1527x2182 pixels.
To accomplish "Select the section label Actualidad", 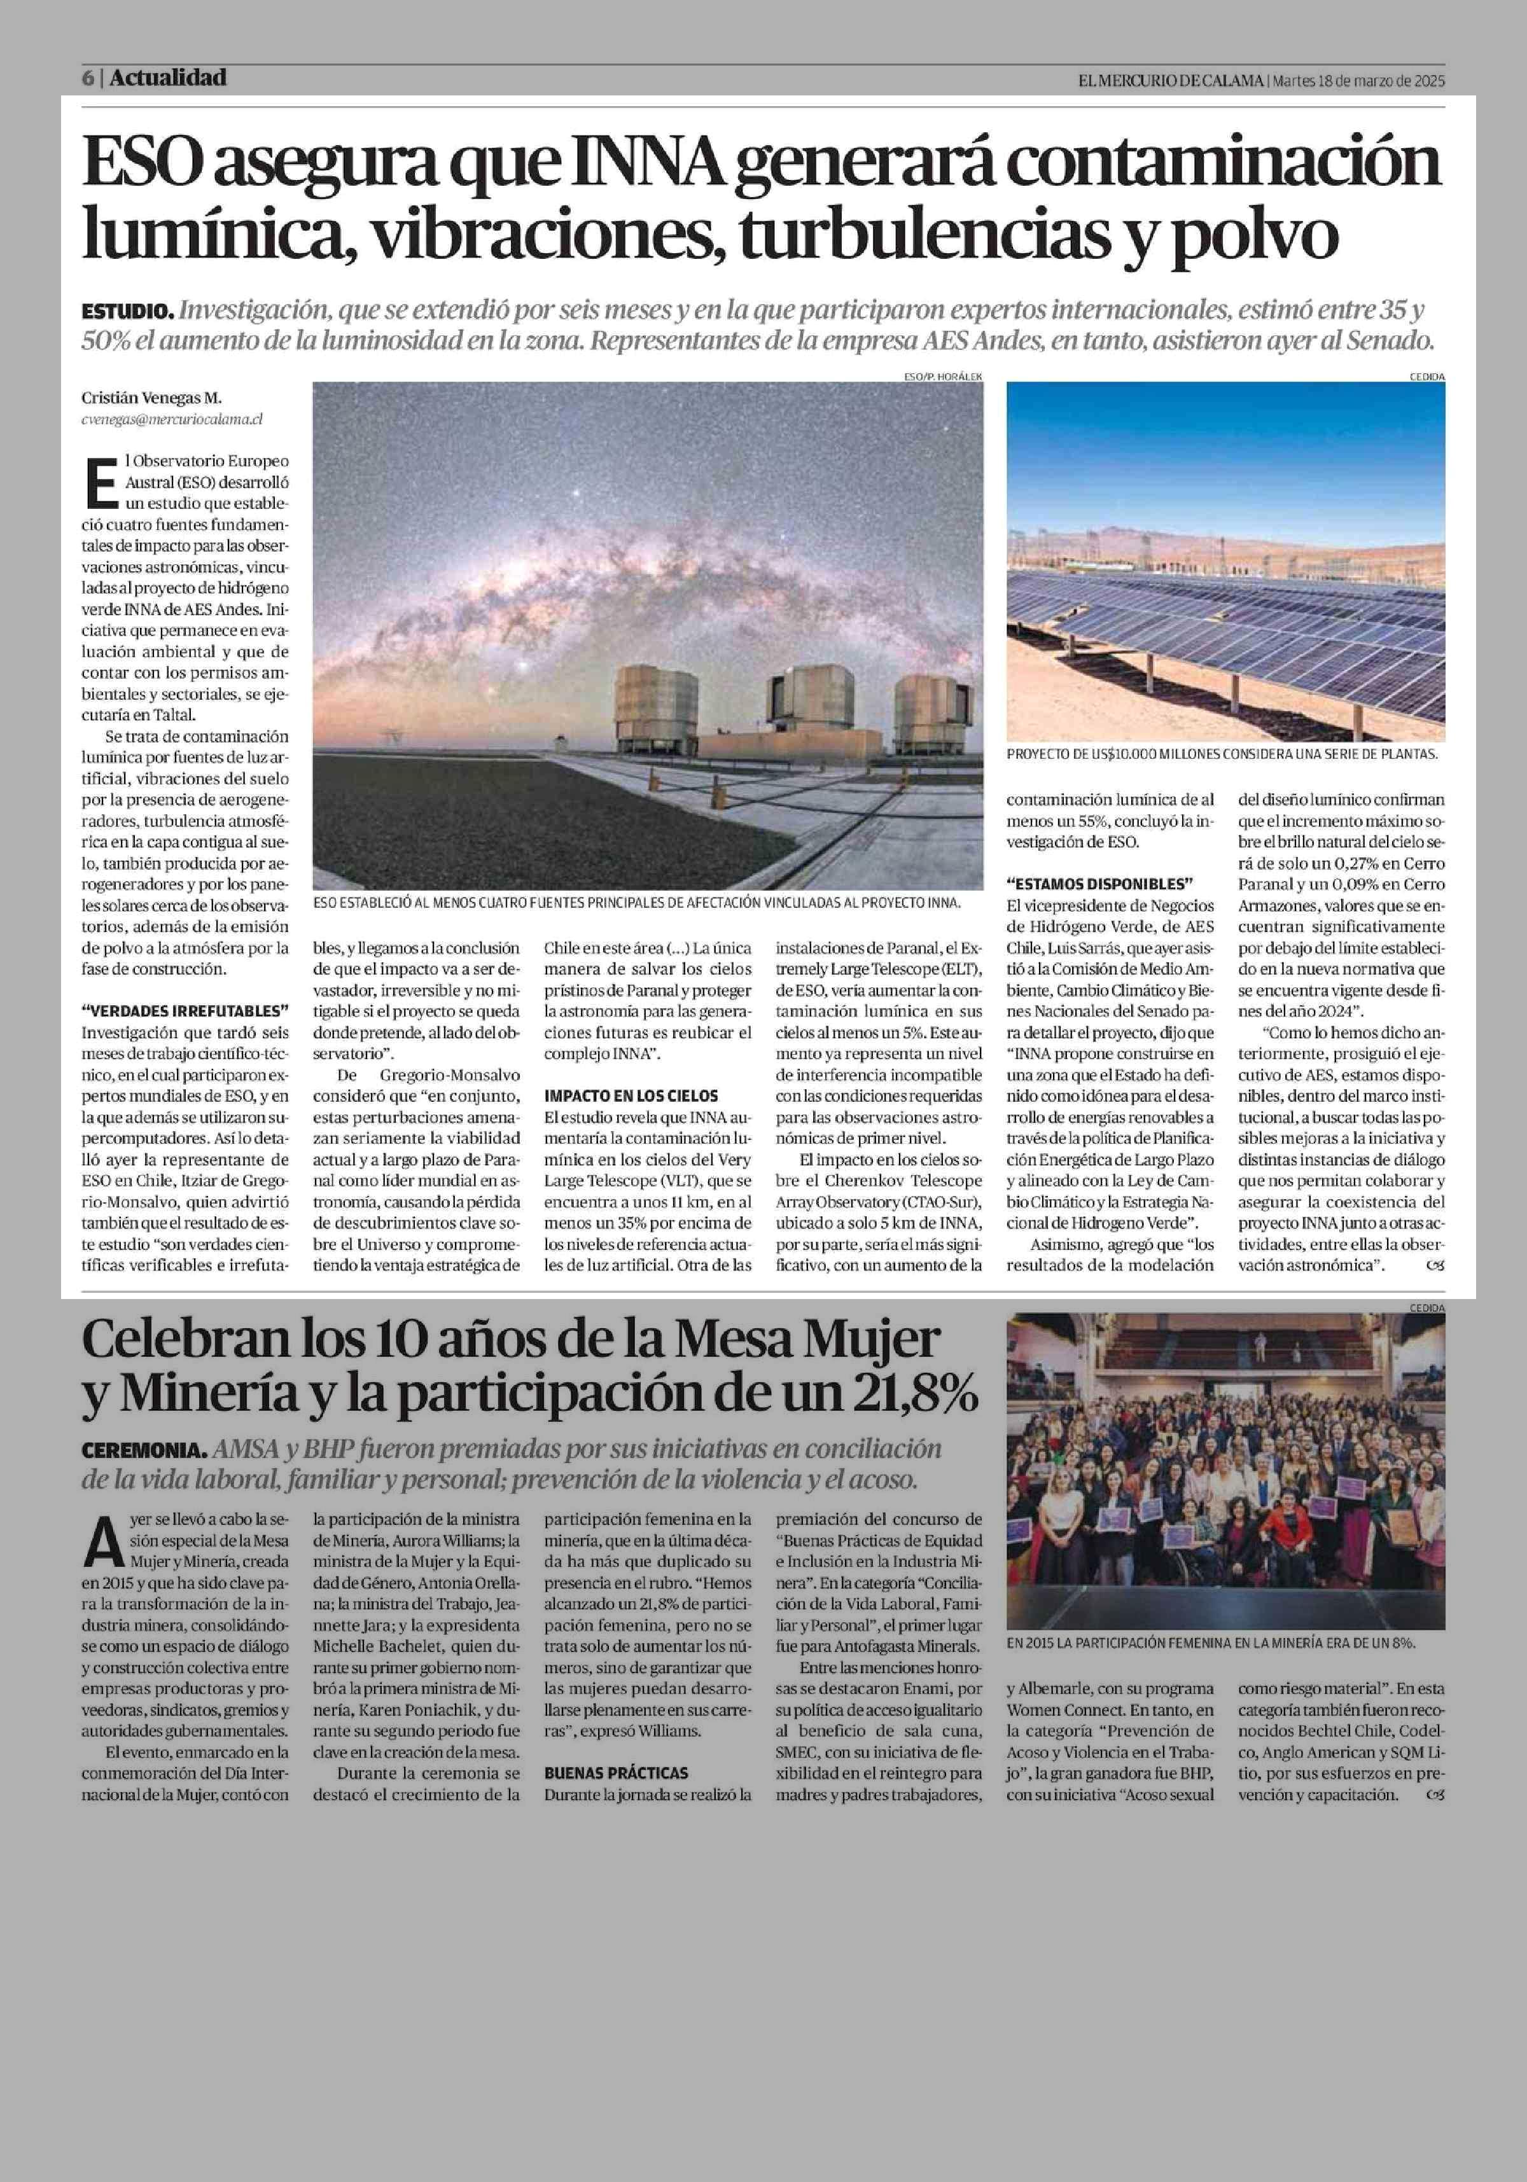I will (168, 78).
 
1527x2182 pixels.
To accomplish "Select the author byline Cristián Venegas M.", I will (152, 398).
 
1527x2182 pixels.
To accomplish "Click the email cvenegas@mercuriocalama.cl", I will (172, 418).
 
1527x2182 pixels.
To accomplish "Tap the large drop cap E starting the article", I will (101, 482).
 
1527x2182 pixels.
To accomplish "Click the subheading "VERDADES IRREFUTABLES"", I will (185, 1010).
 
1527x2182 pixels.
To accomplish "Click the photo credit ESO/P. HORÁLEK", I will (943, 377).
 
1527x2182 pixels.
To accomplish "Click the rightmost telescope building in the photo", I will (926, 709).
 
